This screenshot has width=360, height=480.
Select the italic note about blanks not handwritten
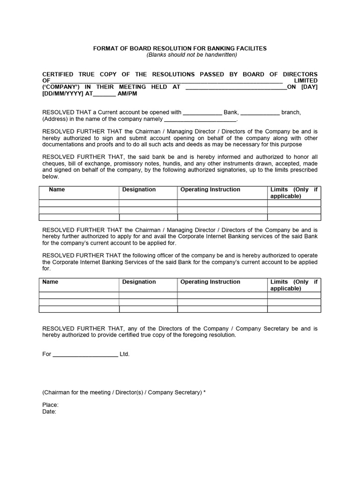(x=192, y=55)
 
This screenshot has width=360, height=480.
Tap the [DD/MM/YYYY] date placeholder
(x=63, y=93)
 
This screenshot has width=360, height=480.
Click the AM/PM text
(x=127, y=93)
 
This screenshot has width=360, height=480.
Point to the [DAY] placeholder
(x=309, y=87)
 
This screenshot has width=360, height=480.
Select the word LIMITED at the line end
(x=306, y=81)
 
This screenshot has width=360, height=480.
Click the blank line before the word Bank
(x=202, y=112)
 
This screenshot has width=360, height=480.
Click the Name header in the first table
(x=57, y=189)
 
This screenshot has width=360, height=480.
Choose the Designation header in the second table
(x=139, y=282)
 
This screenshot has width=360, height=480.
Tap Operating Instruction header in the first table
(x=210, y=189)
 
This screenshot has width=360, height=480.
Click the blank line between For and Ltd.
(x=85, y=354)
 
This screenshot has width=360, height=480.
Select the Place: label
(x=51, y=405)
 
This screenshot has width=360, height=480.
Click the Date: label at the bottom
(x=49, y=412)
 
